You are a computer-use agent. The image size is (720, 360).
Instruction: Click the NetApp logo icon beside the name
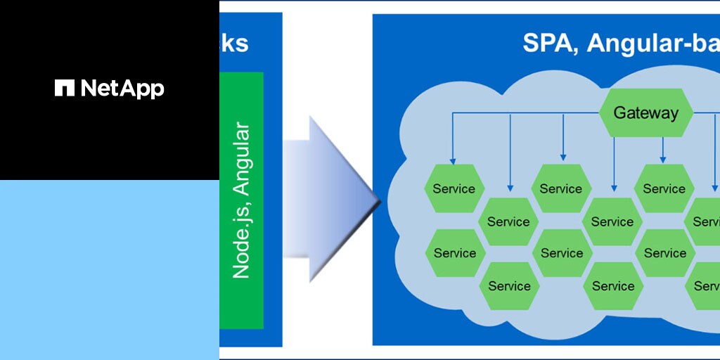point(64,88)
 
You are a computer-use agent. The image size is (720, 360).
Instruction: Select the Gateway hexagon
point(645,112)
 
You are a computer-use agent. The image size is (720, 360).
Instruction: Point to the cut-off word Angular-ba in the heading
point(654,43)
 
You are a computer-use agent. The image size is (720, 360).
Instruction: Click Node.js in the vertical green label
point(241,240)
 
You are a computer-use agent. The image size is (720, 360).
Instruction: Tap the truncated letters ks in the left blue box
point(235,43)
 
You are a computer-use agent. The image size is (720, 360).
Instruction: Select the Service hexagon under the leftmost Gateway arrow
point(454,188)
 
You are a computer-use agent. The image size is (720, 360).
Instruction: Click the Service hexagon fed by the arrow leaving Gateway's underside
point(612,221)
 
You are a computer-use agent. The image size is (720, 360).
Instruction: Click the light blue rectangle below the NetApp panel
point(109,269)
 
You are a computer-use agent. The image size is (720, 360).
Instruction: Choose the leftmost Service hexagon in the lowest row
point(509,286)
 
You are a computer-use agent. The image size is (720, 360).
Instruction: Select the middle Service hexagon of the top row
point(560,188)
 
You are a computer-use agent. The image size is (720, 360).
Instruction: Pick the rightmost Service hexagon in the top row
point(664,188)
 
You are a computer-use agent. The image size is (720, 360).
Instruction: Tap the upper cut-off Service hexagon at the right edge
point(705,221)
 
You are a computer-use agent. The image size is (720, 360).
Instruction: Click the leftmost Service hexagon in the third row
point(454,253)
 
